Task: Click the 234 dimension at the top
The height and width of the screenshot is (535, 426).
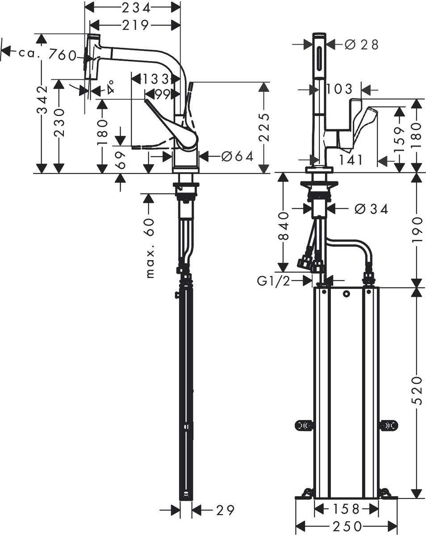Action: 133,7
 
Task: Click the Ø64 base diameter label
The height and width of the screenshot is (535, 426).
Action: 237,156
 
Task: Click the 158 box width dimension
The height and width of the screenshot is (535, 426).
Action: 346,509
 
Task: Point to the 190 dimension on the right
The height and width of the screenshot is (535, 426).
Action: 416,230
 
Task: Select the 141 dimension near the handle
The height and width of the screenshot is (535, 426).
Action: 351,160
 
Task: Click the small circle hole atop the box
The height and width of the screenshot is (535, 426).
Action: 346,294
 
